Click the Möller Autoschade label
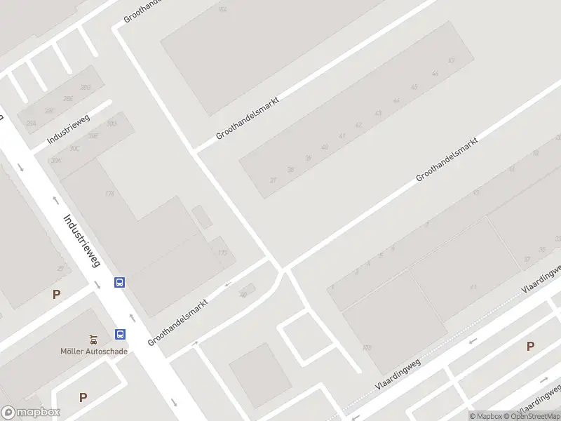(93, 351)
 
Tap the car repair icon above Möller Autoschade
(93, 338)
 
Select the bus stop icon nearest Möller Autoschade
(121, 335)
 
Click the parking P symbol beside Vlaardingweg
(530, 346)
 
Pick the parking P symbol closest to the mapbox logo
(83, 397)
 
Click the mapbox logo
(31, 412)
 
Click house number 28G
(86, 87)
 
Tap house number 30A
(55, 161)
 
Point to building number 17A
(109, 194)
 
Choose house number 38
(290, 170)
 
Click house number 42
(358, 125)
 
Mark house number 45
(414, 87)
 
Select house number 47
(451, 61)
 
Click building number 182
(223, 8)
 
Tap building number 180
(367, 347)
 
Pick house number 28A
(31, 123)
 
